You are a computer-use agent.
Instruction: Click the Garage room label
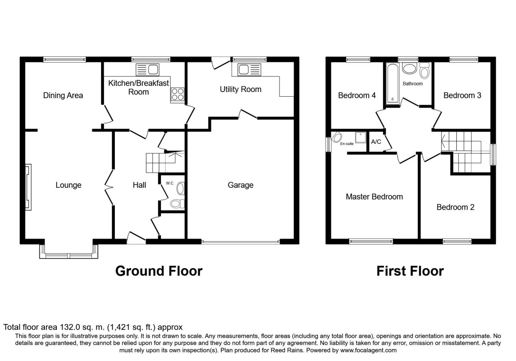(x=240, y=185)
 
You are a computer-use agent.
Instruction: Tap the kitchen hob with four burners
(x=178, y=95)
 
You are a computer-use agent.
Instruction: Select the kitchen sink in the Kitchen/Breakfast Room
(x=147, y=70)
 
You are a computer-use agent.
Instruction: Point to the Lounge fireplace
(x=28, y=187)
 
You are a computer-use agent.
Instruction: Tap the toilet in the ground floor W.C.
(x=177, y=204)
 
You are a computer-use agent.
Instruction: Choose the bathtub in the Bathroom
(x=393, y=83)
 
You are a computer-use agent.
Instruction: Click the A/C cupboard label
(x=376, y=142)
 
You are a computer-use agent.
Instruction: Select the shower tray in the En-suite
(x=360, y=138)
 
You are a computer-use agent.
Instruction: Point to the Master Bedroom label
(x=375, y=197)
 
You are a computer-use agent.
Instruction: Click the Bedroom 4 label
(x=357, y=95)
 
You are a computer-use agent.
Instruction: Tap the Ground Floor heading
(x=159, y=271)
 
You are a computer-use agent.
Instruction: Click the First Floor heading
(x=410, y=271)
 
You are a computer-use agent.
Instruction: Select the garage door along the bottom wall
(x=241, y=242)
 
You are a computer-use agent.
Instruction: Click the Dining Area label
(x=63, y=95)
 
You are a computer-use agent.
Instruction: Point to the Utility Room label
(x=240, y=89)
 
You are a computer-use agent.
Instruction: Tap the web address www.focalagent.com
(x=369, y=350)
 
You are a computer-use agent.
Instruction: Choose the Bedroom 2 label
(x=455, y=207)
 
